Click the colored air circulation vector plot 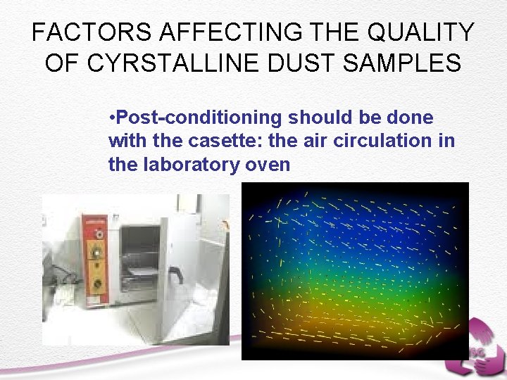[x=355, y=271]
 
